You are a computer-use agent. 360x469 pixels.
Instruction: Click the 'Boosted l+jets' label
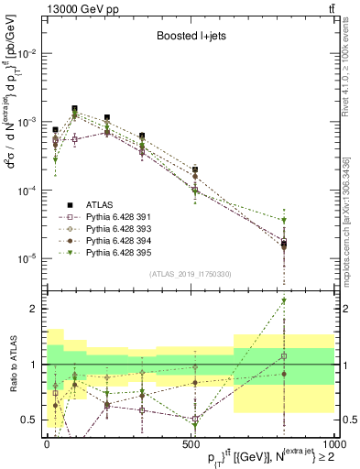point(192,37)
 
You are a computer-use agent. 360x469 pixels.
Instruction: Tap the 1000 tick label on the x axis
point(332,443)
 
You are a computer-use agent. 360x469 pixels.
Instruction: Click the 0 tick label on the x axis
point(47,443)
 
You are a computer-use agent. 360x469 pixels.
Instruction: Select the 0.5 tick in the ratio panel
point(30,420)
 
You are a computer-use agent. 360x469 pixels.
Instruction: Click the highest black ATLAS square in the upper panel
point(74,108)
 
